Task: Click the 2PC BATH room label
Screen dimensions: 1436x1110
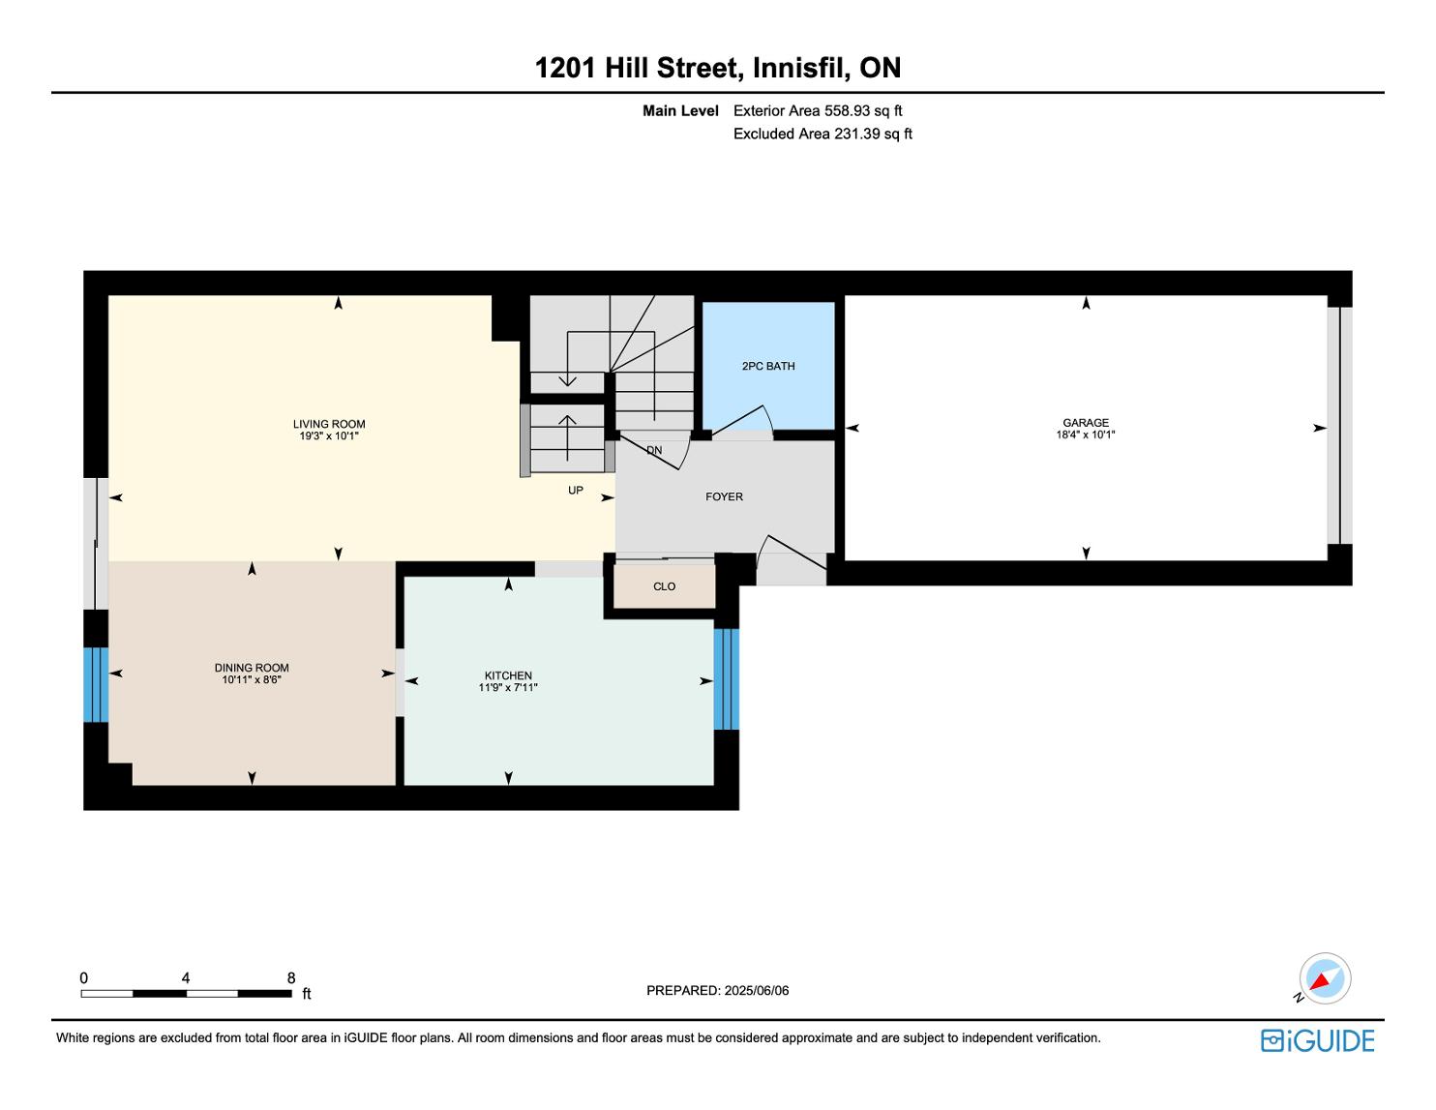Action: [768, 366]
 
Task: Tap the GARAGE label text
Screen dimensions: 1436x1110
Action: [1085, 423]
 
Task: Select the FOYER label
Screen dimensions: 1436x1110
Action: [724, 496]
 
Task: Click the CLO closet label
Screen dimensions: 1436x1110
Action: [664, 586]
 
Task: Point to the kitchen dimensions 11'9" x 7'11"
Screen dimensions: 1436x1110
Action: [507, 688]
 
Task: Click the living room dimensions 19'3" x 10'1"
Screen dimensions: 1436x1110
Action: [328, 436]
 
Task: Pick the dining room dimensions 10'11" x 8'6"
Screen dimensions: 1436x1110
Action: [252, 680]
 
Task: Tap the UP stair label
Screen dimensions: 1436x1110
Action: [576, 491]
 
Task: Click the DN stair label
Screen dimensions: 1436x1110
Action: [653, 451]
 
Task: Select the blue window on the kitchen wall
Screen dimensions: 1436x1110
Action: [727, 679]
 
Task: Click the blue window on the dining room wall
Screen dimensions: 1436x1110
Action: [96, 684]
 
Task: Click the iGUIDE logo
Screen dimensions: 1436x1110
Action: [1318, 1040]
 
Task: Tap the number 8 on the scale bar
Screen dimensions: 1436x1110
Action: [290, 977]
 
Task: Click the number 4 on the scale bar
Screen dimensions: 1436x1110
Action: [186, 977]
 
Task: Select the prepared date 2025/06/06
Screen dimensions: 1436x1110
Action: [756, 990]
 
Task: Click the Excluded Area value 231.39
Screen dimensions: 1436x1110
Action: [857, 135]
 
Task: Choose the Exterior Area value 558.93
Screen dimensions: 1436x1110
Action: [848, 111]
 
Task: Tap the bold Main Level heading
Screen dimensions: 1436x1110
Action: [680, 111]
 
